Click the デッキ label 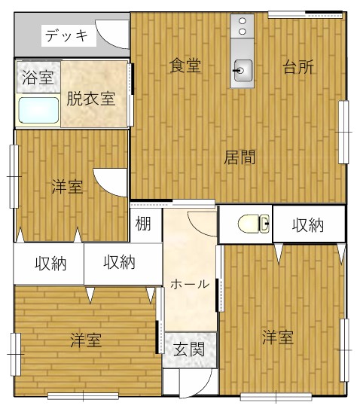pos(66,35)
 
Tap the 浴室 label pos(38,78)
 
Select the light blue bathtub pos(38,110)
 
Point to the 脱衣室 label pos(91,99)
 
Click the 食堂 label pos(185,66)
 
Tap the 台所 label pos(298,67)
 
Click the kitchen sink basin pos(243,70)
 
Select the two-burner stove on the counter pos(243,26)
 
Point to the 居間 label pos(239,157)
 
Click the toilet pos(254,224)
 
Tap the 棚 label pos(143,224)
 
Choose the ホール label pos(190,285)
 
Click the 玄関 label pos(189,349)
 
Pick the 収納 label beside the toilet pos(308,225)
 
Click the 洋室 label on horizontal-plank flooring pos(86,340)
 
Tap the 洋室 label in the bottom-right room pos(278,337)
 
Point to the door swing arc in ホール pos(197,228)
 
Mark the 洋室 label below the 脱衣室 pos(67,187)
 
